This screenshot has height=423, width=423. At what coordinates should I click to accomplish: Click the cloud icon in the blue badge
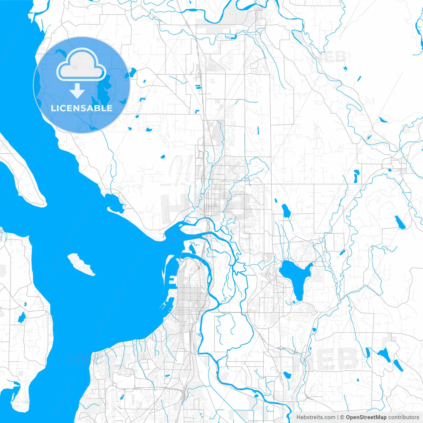(x=81, y=65)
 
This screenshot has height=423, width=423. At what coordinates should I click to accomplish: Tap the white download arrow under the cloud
(x=77, y=91)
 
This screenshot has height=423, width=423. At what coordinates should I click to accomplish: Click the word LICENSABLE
(x=82, y=108)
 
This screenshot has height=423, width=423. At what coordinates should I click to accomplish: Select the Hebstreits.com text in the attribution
(x=316, y=417)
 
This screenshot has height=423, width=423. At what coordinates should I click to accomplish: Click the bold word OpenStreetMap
(x=366, y=417)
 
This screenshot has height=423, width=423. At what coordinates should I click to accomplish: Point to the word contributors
(x=404, y=417)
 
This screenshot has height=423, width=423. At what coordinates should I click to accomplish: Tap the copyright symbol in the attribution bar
(x=342, y=417)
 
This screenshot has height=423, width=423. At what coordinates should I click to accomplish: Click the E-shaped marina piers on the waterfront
(x=172, y=281)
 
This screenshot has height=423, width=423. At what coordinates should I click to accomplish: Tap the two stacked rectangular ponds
(x=198, y=87)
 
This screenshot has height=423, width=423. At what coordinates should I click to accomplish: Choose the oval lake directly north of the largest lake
(x=286, y=211)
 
